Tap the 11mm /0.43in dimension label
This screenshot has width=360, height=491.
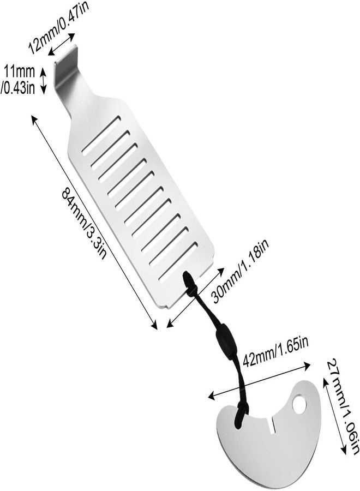coord(18,80)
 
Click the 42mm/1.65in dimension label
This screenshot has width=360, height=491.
coord(276,352)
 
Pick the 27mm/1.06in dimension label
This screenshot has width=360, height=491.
coord(343,407)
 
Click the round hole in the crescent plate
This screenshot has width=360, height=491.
coord(299,405)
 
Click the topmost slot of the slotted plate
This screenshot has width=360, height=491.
coord(101,136)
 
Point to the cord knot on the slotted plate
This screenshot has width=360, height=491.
coord(189,282)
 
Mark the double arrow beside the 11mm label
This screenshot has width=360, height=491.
coord(44,80)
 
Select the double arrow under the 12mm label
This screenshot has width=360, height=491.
coord(62,45)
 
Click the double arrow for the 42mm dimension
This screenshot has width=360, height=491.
coord(259,381)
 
